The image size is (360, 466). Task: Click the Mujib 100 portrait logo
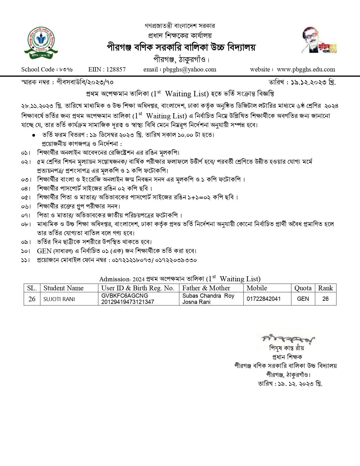point(319,40)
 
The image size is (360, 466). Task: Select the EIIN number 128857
point(116,69)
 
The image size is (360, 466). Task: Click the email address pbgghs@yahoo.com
point(189,69)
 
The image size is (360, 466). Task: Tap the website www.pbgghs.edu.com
point(306,69)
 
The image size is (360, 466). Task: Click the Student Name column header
point(64,288)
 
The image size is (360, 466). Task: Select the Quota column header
point(303,288)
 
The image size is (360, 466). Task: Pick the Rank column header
point(326,288)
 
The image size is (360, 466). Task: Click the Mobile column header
point(257,288)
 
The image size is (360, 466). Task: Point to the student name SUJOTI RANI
point(59,299)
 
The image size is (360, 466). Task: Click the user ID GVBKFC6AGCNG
point(125,296)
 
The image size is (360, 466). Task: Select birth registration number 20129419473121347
point(128,302)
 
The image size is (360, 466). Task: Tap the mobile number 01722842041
point(264,299)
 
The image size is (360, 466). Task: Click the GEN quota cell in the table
point(303,299)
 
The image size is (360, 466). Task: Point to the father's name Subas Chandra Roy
point(208,296)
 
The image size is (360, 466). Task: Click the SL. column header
point(32,288)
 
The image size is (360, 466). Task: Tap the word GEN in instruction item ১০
point(44,251)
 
